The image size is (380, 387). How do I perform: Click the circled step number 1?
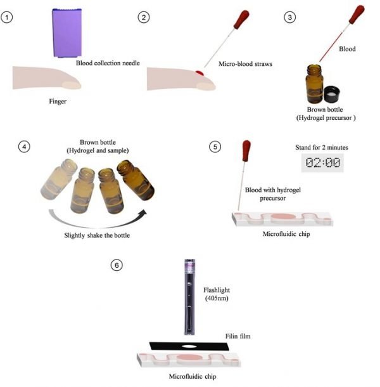tap(8, 17)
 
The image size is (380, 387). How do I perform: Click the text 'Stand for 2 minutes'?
tap(322, 147)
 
